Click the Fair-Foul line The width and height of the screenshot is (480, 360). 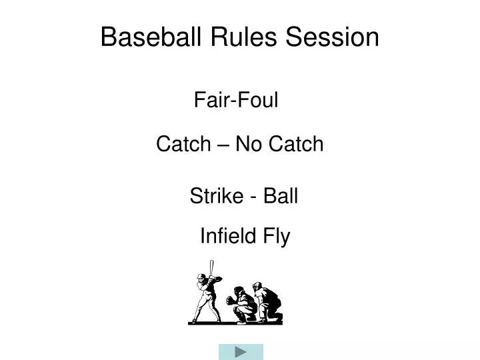pos(235,101)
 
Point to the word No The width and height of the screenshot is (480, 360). pos(249,144)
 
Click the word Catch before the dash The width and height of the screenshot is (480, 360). pos(182,144)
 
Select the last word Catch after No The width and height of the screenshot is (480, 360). pos(295,144)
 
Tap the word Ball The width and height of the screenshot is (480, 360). pos(280,197)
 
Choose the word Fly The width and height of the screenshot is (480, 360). pos(277,236)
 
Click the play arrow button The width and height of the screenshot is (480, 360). pos(241,351)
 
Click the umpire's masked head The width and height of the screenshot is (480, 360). pos(257,287)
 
